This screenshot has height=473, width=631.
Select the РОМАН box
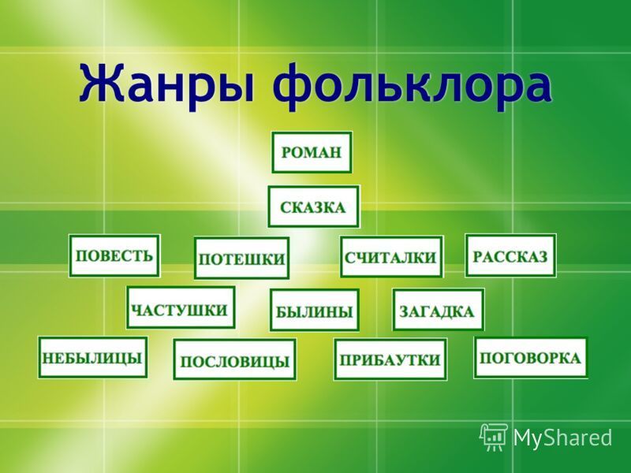(x=312, y=152)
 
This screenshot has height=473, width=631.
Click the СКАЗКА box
(x=313, y=207)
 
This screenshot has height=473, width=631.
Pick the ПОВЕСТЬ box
(x=114, y=255)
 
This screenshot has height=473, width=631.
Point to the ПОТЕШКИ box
(x=241, y=259)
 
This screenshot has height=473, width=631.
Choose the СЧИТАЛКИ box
(x=391, y=257)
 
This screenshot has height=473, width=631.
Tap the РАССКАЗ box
(x=510, y=255)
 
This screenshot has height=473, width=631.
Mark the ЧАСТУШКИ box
(x=181, y=307)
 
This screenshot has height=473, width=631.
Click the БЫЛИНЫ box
(x=314, y=310)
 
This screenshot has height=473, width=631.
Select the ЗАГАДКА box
(x=439, y=310)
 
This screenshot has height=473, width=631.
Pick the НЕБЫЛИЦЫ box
(x=92, y=358)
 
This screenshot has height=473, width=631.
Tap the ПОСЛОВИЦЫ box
(x=234, y=359)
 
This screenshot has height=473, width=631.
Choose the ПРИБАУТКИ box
(x=390, y=359)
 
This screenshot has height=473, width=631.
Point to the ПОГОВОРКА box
(x=530, y=358)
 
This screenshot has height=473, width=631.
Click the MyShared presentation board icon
(x=494, y=438)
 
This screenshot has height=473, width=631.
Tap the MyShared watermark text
(x=562, y=438)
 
